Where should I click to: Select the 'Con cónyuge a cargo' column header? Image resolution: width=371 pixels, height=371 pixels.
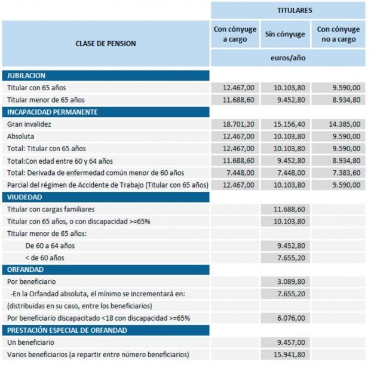click(235, 35)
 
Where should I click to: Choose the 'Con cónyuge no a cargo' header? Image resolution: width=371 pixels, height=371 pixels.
click(338, 35)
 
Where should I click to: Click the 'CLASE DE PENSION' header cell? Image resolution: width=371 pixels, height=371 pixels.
click(106, 44)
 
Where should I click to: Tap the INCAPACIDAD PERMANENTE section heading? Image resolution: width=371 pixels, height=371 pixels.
click(53, 112)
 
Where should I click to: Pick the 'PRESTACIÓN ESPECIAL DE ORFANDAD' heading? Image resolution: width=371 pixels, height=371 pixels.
click(67, 330)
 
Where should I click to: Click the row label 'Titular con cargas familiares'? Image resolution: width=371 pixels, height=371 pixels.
click(51, 210)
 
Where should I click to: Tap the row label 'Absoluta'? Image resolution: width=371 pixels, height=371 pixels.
click(21, 136)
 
